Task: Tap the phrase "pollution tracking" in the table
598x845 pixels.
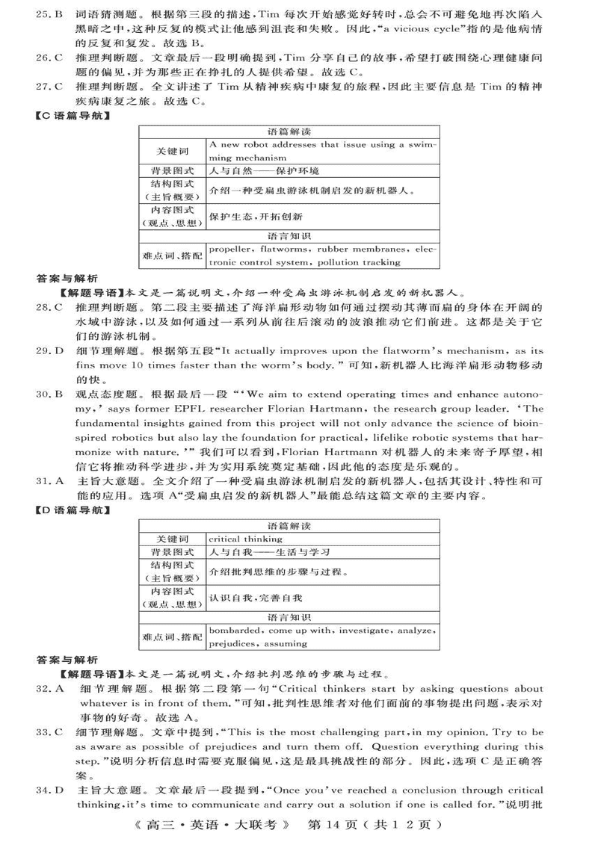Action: click(x=359, y=262)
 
